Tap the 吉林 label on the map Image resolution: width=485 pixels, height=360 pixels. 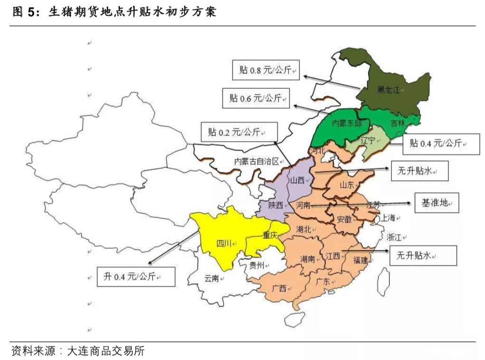coord(398,123)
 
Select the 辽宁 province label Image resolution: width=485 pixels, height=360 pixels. coord(368,141)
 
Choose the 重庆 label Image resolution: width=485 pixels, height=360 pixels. coord(270,234)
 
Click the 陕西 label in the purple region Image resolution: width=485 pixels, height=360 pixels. coord(275,205)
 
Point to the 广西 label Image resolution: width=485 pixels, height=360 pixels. coord(280,288)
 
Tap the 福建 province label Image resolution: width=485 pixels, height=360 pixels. coord(360,260)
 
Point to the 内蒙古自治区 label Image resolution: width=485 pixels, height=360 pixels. coord(256,161)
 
